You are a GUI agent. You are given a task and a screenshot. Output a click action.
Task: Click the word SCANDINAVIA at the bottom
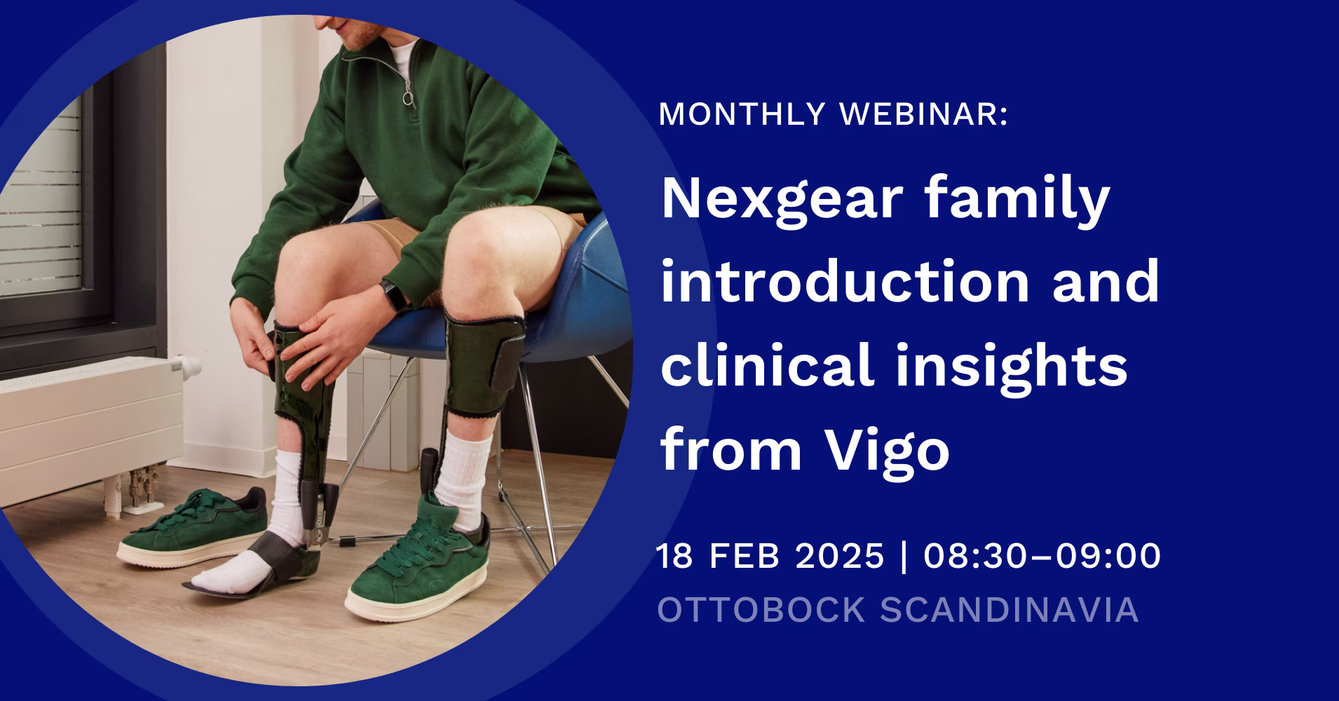point(1009,609)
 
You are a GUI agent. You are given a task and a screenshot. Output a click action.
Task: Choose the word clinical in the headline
point(767,363)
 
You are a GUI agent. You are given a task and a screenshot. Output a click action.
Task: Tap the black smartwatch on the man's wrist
point(393,297)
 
